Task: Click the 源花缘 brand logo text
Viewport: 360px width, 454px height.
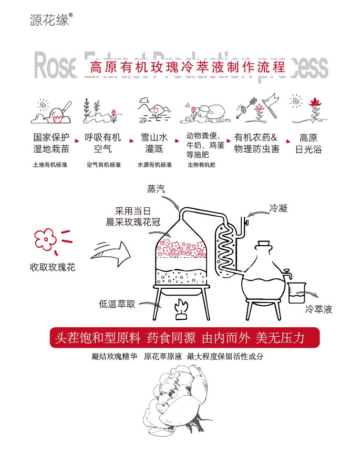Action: pos(49,20)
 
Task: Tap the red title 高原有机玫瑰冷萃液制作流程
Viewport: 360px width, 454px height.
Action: pos(187,67)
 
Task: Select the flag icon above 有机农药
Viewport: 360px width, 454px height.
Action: pos(270,103)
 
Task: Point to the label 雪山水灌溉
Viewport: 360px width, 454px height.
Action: pos(154,143)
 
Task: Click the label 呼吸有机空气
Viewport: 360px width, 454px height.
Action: pos(103,143)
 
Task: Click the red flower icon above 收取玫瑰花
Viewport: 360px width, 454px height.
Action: pos(46,240)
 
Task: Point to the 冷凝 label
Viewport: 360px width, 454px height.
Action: pos(278,208)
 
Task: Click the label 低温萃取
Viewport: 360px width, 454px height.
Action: pos(117,304)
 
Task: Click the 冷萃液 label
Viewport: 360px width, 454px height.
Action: pos(319,309)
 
